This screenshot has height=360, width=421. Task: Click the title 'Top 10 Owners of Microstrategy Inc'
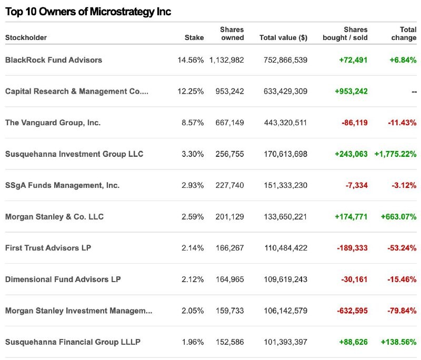pos(88,12)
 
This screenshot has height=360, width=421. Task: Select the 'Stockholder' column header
pos(26,37)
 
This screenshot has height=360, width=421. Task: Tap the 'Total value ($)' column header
pos(283,37)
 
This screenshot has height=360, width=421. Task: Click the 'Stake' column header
pos(194,37)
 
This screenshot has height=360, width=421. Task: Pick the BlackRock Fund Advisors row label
pos(54,60)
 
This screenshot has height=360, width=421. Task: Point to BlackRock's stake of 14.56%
pos(191,60)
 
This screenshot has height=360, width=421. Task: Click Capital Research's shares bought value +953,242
pos(351,91)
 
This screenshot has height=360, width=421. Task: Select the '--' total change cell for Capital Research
pos(414,92)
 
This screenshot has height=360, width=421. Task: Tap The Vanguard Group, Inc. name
pos(53,123)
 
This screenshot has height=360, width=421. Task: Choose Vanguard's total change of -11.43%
pos(402,123)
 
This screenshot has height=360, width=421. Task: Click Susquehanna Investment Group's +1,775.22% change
pos(396,154)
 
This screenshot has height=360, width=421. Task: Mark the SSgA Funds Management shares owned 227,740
pos(230,185)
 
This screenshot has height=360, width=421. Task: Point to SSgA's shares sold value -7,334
pos(357,185)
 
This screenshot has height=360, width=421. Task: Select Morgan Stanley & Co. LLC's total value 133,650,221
pos(285,217)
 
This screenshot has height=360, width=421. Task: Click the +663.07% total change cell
pos(399,217)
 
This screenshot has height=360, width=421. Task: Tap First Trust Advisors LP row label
pos(48,248)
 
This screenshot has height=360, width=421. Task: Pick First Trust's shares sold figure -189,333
pos(352,248)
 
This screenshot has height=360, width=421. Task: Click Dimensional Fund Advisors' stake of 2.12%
pos(193,279)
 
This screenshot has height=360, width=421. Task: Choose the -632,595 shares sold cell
pos(352,311)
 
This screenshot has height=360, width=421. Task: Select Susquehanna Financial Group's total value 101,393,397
pos(285,342)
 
